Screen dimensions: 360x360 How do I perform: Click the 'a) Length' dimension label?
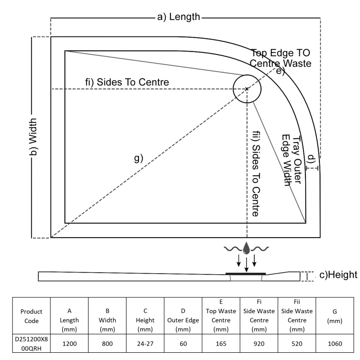coord(178,17)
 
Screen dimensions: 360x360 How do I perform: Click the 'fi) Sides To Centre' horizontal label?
coord(127,82)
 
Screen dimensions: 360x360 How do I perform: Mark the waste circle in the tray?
coord(247,89)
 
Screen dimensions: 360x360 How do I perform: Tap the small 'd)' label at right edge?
coord(311,158)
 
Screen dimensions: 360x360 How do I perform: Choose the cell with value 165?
coord(221,343)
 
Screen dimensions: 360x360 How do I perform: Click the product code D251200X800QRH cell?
coord(32,343)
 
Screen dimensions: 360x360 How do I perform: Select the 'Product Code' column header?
coord(32,315)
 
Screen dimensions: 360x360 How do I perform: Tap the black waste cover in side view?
coord(246,273)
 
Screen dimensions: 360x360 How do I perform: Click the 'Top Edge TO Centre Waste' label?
coord(281,58)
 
